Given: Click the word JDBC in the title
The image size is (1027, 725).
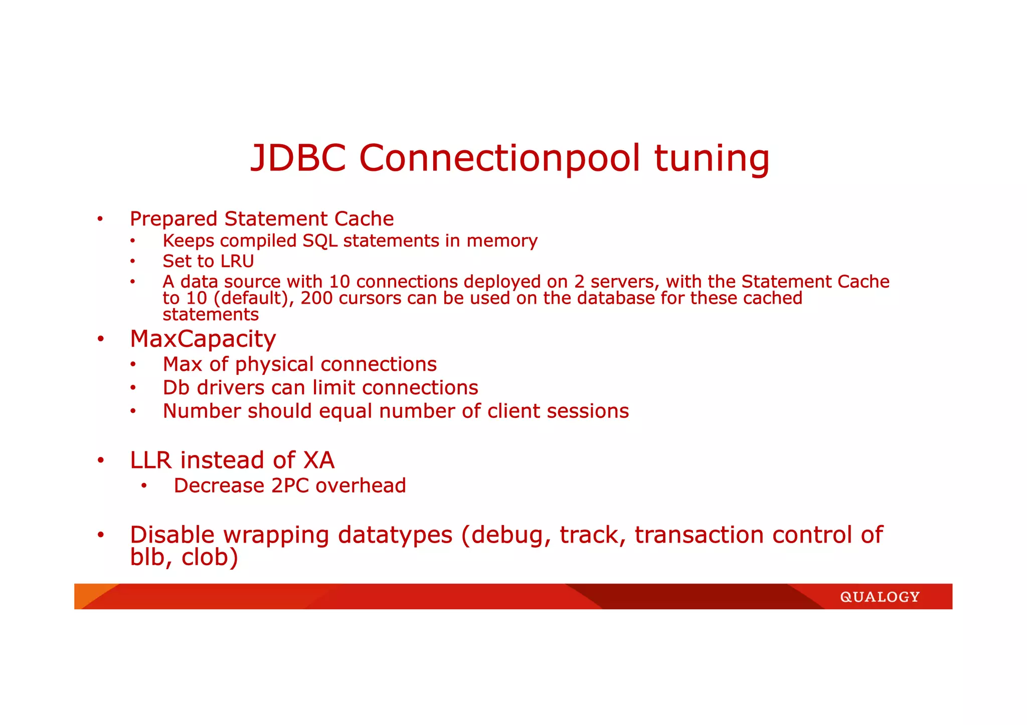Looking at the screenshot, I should point(298,158).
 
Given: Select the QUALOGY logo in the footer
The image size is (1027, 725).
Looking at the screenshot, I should point(880,597).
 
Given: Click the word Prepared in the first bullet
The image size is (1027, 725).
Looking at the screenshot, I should point(174,219).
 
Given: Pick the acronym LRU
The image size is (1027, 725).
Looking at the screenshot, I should point(237,261).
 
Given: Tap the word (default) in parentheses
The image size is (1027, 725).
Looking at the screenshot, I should point(253,299).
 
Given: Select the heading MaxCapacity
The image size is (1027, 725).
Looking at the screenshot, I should point(203,339).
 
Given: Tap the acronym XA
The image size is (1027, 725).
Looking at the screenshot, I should point(318,460).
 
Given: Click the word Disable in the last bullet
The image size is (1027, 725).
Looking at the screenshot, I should point(173,535).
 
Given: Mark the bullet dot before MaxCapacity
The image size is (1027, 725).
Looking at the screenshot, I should point(101,339).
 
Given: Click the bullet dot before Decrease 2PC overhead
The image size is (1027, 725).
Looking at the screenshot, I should point(144,486).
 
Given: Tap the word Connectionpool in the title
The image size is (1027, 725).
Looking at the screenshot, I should point(499,158).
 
